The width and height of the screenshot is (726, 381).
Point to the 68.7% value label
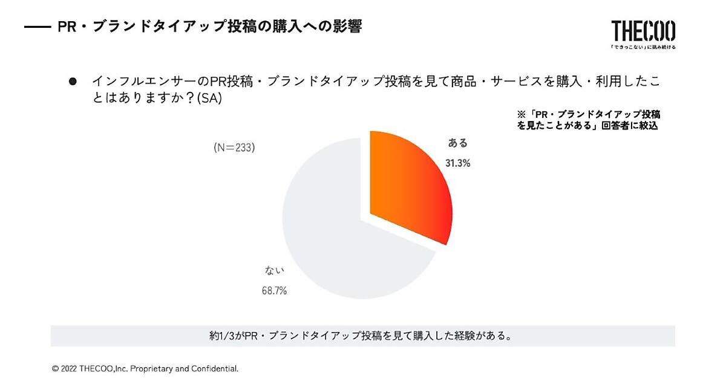[274, 290]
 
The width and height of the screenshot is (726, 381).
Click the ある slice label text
[458, 143]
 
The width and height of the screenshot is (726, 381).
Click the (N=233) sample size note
[234, 147]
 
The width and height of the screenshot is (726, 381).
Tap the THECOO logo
[643, 30]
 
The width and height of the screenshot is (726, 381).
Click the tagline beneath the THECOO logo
[643, 47]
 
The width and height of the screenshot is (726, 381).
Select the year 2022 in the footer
[69, 368]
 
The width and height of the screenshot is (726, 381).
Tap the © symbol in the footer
[54, 368]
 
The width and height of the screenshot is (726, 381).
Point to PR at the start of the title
[66, 27]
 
